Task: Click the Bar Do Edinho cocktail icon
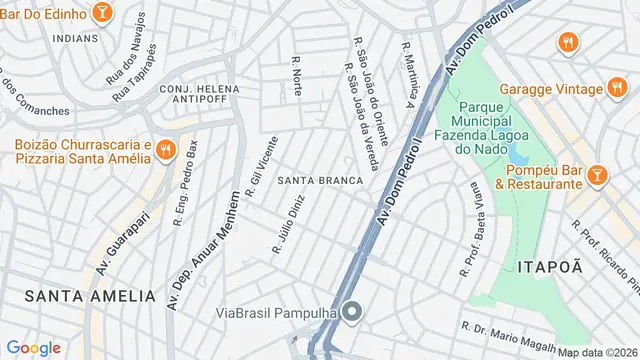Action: click(x=101, y=12)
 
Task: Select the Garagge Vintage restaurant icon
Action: click(x=567, y=42)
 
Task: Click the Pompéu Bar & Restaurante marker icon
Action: click(x=597, y=175)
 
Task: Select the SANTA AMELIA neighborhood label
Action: click(x=91, y=296)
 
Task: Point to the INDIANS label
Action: click(x=75, y=39)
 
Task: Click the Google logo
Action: click(x=34, y=347)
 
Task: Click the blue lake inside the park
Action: click(x=518, y=153)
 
